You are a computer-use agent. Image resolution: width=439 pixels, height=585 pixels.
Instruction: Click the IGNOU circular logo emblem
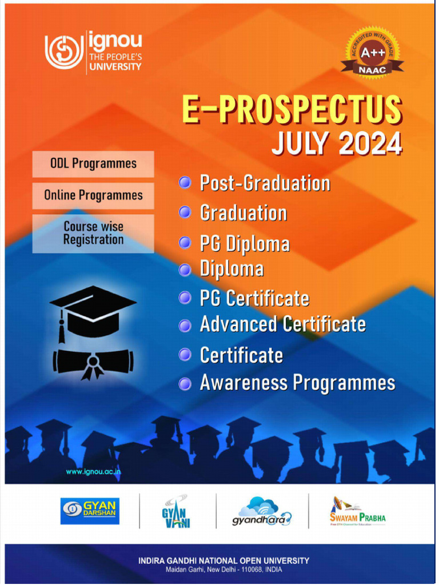pos(64,52)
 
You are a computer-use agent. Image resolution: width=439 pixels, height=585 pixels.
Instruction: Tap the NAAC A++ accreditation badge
pos(372,53)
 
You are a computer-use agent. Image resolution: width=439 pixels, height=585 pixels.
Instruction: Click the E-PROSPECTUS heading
pos(292,110)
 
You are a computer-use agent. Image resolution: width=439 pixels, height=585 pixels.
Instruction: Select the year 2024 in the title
pos(370,144)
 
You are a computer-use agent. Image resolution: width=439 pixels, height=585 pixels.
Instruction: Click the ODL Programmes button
pos(93,163)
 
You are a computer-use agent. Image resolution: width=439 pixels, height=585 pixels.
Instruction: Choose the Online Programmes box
pos(93,195)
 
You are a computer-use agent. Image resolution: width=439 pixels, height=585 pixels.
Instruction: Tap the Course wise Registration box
pos(93,233)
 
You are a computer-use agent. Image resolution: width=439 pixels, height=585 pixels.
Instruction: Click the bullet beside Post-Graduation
pos(185,183)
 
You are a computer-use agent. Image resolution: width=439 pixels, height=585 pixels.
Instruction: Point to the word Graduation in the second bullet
pos(244,213)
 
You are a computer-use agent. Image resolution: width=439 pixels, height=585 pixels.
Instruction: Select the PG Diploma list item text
pos(245,244)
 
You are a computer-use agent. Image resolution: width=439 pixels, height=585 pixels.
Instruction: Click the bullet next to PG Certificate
pos(185,298)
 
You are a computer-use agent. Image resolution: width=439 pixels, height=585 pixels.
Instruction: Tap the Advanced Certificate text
pos(282,324)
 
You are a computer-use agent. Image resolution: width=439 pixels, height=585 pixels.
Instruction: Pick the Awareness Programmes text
pos(297,383)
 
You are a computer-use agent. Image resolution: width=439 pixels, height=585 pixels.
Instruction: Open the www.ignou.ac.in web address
pos(93,472)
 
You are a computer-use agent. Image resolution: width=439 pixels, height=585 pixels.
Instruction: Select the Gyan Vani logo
pos(175,511)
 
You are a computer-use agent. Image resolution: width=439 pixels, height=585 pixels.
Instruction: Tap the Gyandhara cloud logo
pos(261,511)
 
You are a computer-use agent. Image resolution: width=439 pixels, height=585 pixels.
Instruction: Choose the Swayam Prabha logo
pos(357,512)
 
